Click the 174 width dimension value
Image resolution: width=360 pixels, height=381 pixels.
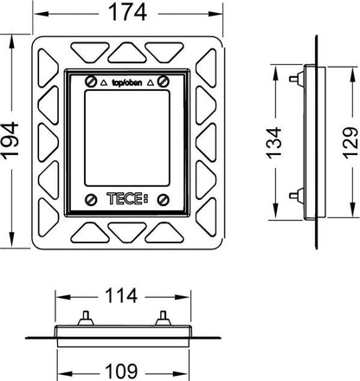127,12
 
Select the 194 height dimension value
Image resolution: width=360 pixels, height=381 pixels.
10,140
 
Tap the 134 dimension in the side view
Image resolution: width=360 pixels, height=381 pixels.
273,143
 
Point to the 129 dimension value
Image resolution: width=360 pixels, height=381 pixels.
350,143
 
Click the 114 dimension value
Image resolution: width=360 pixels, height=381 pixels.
121,296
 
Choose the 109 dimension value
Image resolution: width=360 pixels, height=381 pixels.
121,371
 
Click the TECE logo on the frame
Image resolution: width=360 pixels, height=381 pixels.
127,198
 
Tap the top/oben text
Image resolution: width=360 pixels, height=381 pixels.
127,83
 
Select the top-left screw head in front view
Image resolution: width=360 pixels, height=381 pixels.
91,81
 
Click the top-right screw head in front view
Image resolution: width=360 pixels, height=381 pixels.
164,81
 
